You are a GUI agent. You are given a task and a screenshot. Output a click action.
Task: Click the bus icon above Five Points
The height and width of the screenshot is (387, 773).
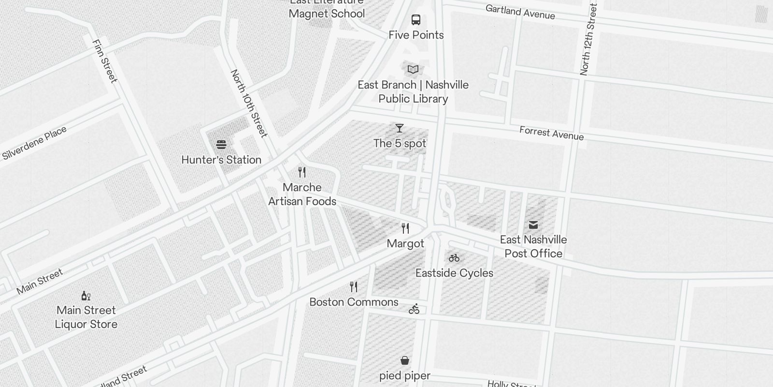pyautogui.click(x=416, y=20)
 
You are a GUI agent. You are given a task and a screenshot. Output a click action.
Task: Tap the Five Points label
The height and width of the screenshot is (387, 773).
pyautogui.click(x=416, y=35)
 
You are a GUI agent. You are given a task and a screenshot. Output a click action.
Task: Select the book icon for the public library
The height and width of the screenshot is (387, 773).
pyautogui.click(x=413, y=70)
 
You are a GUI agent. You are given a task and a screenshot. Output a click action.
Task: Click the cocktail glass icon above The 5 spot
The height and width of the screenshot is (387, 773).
pyautogui.click(x=400, y=128)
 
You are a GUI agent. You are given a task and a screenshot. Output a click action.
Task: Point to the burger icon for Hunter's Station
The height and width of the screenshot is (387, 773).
pyautogui.click(x=221, y=145)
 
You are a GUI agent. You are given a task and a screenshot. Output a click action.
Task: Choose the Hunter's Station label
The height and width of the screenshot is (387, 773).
pyautogui.click(x=221, y=160)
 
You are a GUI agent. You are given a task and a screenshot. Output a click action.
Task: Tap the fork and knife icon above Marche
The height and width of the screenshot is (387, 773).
pyautogui.click(x=302, y=172)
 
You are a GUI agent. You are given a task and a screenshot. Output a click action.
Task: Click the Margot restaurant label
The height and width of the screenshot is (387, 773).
pyautogui.click(x=405, y=244)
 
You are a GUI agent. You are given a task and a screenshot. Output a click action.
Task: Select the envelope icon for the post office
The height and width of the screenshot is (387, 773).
pyautogui.click(x=533, y=225)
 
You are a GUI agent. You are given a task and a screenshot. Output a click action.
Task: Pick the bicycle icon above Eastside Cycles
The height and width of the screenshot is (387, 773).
pyautogui.click(x=454, y=258)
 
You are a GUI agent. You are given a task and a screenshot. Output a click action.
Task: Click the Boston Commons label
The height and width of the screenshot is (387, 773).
pyautogui.click(x=354, y=302)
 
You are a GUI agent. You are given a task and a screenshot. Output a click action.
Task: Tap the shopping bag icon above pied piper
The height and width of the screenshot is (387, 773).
pyautogui.click(x=405, y=360)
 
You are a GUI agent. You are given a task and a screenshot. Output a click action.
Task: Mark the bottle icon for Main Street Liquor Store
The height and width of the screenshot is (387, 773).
pyautogui.click(x=86, y=296)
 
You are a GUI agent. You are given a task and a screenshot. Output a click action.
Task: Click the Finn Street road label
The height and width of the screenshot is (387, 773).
pyautogui.click(x=104, y=61)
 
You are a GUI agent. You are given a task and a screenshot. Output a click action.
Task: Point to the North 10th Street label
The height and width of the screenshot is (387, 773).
pyautogui.click(x=249, y=103)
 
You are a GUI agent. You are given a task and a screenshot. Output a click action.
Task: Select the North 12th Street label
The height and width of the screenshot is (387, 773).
pyautogui.click(x=588, y=39)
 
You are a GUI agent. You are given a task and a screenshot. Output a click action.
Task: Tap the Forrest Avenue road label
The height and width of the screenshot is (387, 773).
pyautogui.click(x=551, y=133)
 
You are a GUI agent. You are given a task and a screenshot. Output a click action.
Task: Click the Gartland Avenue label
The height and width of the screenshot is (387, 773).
pyautogui.click(x=520, y=12)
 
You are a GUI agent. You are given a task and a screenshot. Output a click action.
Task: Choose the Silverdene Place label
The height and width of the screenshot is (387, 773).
pyautogui.click(x=34, y=143)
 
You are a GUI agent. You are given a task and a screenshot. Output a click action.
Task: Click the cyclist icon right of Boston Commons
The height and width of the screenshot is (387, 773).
pyautogui.click(x=414, y=309)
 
